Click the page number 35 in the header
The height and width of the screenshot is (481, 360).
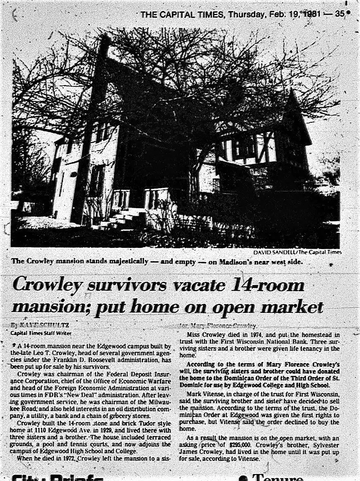tap(340, 14)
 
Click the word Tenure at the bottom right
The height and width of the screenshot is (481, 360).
tap(278, 477)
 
